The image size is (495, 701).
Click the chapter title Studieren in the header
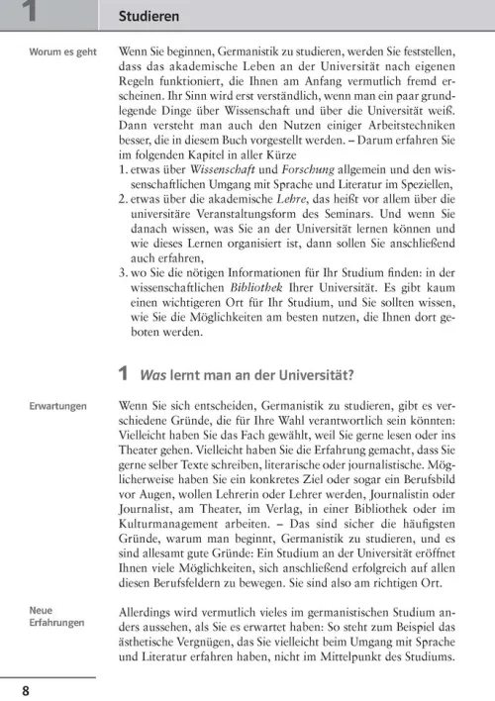(x=148, y=16)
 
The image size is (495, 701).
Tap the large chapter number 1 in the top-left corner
(x=30, y=13)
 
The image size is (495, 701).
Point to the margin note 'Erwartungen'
(x=56, y=406)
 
